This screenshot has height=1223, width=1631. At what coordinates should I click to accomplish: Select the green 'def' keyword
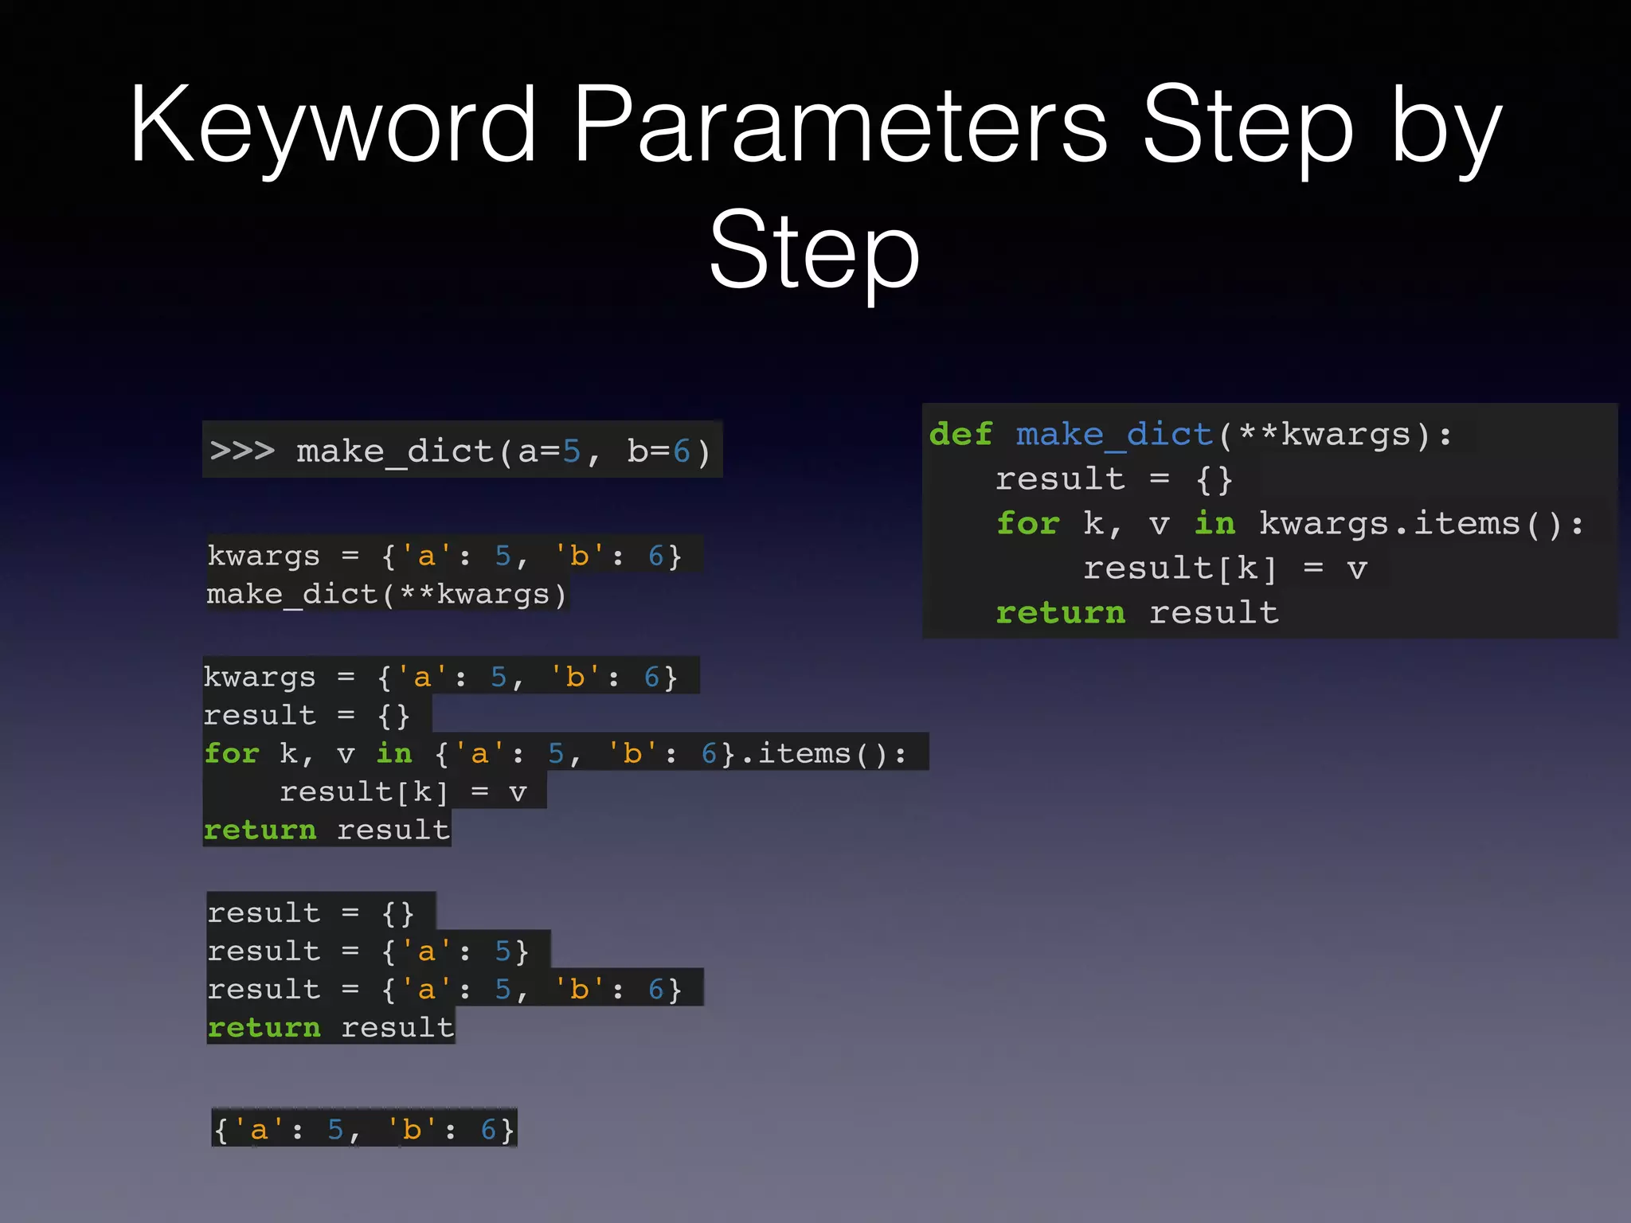pos(960,435)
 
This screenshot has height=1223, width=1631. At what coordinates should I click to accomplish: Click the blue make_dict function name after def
pos(1113,435)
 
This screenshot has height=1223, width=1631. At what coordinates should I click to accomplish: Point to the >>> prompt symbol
pos(242,451)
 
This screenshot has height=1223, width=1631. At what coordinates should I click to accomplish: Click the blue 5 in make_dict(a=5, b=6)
pos(572,451)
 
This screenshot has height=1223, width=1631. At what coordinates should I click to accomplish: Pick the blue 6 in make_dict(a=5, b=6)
pos(681,451)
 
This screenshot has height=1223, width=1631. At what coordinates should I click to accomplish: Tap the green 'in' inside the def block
pos(1214,524)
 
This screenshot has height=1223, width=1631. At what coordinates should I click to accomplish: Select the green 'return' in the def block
pos(1060,613)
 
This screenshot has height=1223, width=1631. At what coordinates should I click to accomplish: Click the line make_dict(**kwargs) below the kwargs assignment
pos(386,595)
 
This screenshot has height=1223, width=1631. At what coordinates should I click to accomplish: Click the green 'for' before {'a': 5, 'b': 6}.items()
pos(232,753)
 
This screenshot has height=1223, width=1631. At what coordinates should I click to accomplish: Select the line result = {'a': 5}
pos(367,951)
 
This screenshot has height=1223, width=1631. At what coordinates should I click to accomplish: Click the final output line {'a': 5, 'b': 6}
pos(364,1130)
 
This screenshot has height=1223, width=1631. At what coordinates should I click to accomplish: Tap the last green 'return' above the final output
pos(264,1028)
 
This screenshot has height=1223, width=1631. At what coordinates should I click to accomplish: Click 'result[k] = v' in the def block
pos(1225,569)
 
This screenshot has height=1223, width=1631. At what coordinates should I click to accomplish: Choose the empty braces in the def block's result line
pos(1214,479)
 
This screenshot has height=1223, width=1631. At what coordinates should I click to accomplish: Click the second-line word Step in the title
pos(814,252)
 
